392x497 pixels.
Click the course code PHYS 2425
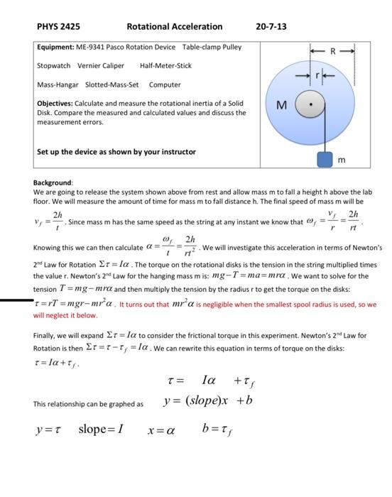pos(58,26)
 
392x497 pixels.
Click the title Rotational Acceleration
pos(174,26)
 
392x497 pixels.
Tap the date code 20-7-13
pos(271,26)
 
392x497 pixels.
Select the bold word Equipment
pos(55,48)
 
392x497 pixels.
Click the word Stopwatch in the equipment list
pos(55,65)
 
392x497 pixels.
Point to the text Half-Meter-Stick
pos(166,65)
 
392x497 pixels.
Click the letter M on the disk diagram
pos(281,106)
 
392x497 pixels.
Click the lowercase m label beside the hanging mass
pos(342,160)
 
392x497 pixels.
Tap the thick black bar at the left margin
pos(16,301)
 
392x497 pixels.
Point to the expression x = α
pos(162,430)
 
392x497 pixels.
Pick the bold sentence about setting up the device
pos(116,151)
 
